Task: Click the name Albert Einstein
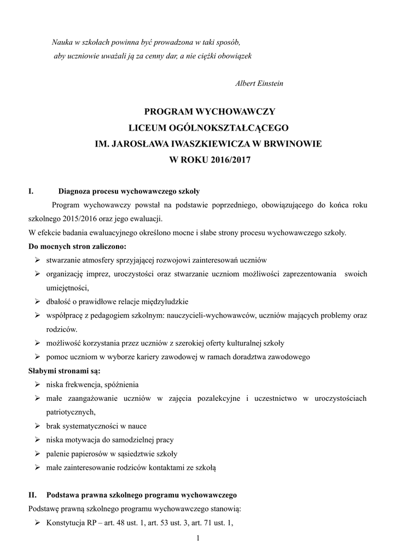click(x=259, y=84)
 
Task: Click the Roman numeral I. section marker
click(x=31, y=191)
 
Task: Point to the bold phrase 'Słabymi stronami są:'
click(x=61, y=371)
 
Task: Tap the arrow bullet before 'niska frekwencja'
click(x=37, y=384)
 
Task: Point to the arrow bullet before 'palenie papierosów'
click(x=37, y=454)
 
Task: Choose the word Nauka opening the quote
click(x=62, y=42)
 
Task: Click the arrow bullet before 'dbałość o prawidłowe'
click(x=37, y=301)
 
